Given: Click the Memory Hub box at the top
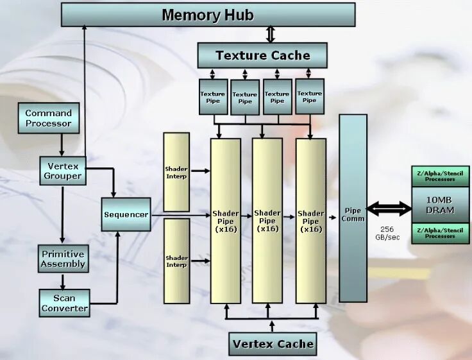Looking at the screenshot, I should pos(208,15).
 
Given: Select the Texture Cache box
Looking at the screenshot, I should pos(262,55).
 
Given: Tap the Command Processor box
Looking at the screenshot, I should pos(49,118).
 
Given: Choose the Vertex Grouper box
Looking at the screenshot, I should pos(62,170).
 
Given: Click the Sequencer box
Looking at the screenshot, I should pos(126,214).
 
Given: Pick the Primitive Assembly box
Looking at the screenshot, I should pos(63,259).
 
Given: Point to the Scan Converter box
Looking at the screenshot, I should pos(64,303).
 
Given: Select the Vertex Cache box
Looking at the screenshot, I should pos(273,343).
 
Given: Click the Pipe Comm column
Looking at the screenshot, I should pos(353,209).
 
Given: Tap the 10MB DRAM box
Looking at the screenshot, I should pos(440,205).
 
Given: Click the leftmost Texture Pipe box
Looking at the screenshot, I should pos(212,97).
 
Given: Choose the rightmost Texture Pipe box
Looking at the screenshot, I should pos(309,97).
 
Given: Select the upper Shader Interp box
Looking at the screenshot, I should pos(176,172).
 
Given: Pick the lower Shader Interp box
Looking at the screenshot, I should pos(176,261).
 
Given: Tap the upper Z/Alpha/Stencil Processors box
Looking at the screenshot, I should pos(440,176).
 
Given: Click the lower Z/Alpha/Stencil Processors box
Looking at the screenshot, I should pos(440,233).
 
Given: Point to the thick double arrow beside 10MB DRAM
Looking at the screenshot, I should pos(389,208).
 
